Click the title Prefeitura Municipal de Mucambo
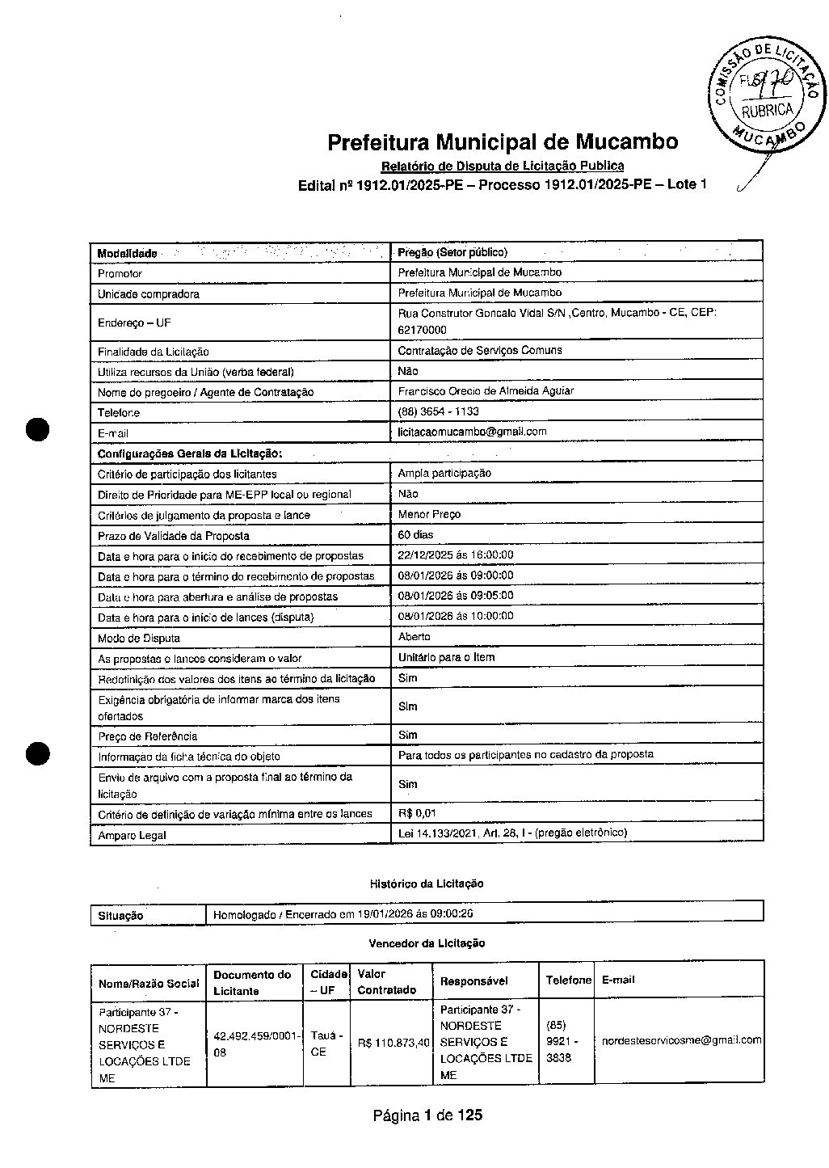click(x=503, y=142)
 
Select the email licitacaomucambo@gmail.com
click(x=472, y=432)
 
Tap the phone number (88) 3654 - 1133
click(x=438, y=411)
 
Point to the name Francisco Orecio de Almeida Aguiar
click(x=485, y=391)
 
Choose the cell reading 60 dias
click(x=415, y=535)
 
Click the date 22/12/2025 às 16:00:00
click(x=456, y=555)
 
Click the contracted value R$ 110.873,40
click(x=393, y=1043)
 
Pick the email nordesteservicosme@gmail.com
click(x=681, y=1041)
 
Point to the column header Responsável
click(x=474, y=981)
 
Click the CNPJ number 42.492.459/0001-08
click(x=254, y=1044)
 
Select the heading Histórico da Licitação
click(x=427, y=883)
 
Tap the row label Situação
click(x=120, y=916)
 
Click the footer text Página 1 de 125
click(x=427, y=1115)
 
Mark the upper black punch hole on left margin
click(x=37, y=429)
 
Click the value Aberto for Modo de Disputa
click(x=414, y=637)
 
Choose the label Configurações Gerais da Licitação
click(x=190, y=453)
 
